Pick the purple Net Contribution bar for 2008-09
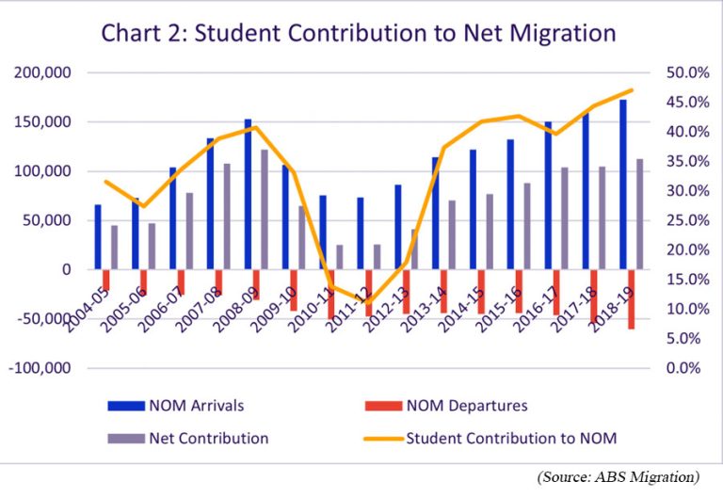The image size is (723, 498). (x=265, y=209)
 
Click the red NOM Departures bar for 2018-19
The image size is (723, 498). (x=631, y=298)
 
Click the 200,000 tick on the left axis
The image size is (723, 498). (x=44, y=72)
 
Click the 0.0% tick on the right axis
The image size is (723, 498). (x=678, y=368)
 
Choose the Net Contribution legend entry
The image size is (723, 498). (x=208, y=438)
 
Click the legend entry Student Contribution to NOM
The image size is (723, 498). (x=511, y=438)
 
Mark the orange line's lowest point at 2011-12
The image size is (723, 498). (x=368, y=302)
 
